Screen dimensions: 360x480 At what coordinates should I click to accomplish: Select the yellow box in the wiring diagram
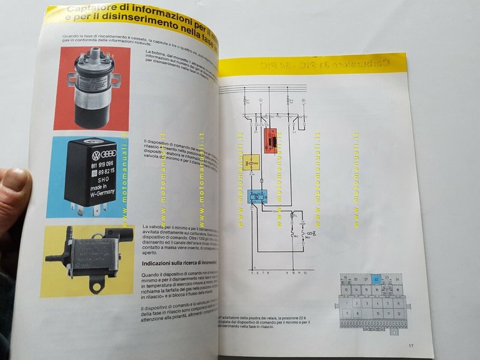point(251,163)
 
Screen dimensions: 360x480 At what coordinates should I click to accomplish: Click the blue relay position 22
point(376,280)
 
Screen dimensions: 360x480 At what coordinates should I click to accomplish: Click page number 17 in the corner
point(411,344)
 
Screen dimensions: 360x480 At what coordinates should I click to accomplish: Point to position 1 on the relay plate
point(345,303)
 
